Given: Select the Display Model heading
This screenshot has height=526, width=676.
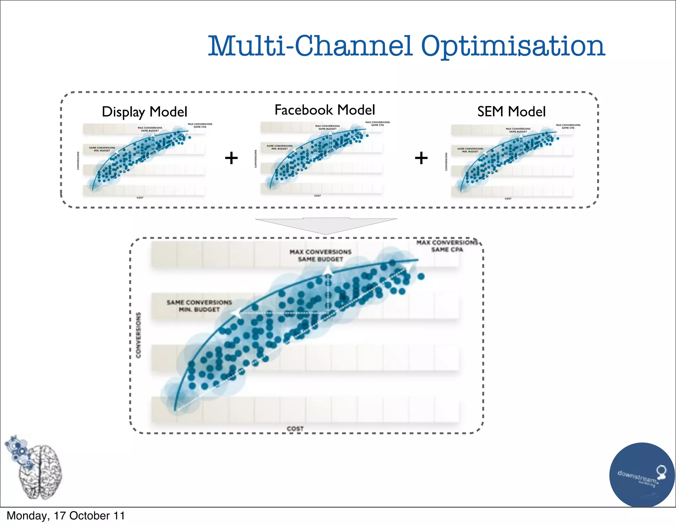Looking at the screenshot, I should pyautogui.click(x=145, y=112).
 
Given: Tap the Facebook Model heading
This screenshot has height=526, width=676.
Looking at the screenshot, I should pyautogui.click(x=325, y=110).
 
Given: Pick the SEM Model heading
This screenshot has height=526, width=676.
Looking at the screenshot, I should pyautogui.click(x=511, y=112).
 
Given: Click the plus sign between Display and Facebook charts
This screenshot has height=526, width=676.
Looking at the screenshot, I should pyautogui.click(x=231, y=158).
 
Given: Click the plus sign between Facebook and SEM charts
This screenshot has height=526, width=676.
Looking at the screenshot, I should pyautogui.click(x=421, y=158).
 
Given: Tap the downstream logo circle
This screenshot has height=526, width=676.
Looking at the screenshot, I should pyautogui.click(x=642, y=474).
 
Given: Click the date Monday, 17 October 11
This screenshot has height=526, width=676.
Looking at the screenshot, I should pyautogui.click(x=66, y=516).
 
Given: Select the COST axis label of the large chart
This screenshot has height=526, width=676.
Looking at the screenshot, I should pyautogui.click(x=295, y=429).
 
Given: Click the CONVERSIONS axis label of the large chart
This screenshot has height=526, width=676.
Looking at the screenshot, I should pyautogui.click(x=139, y=335).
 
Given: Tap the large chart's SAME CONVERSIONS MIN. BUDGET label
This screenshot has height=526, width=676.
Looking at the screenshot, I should pyautogui.click(x=199, y=306).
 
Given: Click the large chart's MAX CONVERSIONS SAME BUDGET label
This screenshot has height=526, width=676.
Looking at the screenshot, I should pyautogui.click(x=321, y=256).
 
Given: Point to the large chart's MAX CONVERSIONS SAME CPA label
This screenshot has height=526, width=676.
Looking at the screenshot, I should pyautogui.click(x=447, y=246).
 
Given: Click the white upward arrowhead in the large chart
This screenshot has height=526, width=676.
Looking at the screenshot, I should pyautogui.click(x=327, y=271).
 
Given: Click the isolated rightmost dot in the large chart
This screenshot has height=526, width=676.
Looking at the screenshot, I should pyautogui.click(x=421, y=276).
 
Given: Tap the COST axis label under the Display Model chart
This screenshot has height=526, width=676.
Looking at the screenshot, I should pyautogui.click(x=140, y=198).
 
